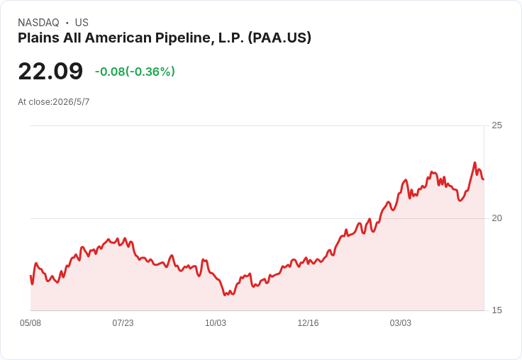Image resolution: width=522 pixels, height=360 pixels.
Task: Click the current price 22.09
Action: point(50,71)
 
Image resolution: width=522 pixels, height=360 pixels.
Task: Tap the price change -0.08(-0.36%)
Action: point(135,72)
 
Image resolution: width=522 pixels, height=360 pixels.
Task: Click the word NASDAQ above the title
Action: point(38,23)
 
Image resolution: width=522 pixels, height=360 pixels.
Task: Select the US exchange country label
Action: point(82,23)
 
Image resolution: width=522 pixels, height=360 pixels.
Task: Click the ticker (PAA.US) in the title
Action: point(279,38)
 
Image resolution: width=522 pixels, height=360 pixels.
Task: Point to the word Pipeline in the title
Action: point(185,38)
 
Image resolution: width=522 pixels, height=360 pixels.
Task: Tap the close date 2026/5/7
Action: point(71,102)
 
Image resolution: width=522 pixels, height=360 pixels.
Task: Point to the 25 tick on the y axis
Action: point(496,125)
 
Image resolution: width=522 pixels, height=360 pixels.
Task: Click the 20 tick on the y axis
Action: point(496,218)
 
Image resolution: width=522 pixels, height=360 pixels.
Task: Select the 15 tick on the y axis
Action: point(496,310)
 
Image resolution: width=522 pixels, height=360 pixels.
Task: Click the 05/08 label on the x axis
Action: point(30,323)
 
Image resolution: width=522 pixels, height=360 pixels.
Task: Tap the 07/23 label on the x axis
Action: point(123,323)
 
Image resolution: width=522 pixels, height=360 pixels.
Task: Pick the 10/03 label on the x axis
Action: point(216,323)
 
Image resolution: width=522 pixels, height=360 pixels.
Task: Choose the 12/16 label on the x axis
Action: point(308,323)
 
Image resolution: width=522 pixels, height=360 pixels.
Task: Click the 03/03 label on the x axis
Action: point(401,323)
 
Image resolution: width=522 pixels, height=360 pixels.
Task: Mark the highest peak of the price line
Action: point(474,163)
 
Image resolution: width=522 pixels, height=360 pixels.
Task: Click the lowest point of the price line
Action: point(225,295)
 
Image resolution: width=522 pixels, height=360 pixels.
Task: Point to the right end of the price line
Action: point(484,179)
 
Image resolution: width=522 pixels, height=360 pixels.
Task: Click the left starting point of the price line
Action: point(30,276)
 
